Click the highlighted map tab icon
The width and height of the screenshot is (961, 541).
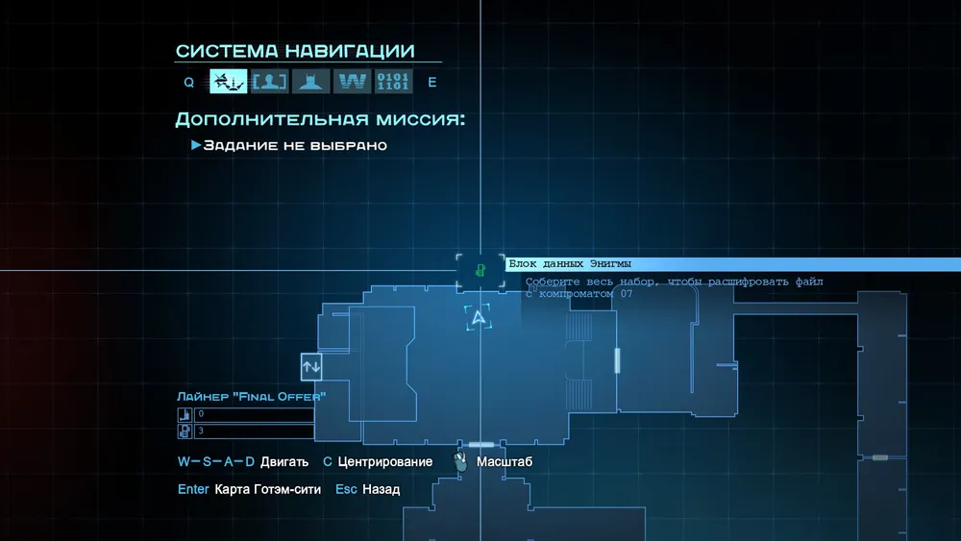click(228, 82)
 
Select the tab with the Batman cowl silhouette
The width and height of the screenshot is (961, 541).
click(310, 82)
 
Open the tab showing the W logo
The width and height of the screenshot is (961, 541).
click(353, 82)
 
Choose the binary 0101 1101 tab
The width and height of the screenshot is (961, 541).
click(393, 82)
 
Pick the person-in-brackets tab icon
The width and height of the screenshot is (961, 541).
click(270, 82)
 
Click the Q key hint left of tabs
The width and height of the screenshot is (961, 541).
click(188, 82)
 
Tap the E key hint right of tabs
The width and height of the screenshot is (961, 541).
click(432, 82)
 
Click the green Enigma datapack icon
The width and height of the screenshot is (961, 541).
click(480, 270)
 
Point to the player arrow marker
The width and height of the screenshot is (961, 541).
click(478, 317)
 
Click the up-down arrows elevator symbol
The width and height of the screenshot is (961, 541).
click(311, 366)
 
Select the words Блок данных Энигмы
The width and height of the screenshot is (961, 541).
click(570, 264)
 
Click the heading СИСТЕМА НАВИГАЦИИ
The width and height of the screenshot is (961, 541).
click(295, 51)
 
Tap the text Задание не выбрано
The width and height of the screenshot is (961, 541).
click(295, 145)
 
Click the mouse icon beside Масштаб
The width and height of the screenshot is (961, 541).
click(460, 461)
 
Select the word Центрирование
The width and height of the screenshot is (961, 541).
click(385, 462)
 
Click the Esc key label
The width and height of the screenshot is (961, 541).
click(346, 489)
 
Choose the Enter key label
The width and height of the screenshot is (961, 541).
click(193, 489)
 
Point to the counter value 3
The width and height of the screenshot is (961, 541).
click(201, 430)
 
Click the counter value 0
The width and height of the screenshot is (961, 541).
click(201, 414)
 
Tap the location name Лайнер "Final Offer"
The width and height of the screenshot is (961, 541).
click(251, 397)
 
